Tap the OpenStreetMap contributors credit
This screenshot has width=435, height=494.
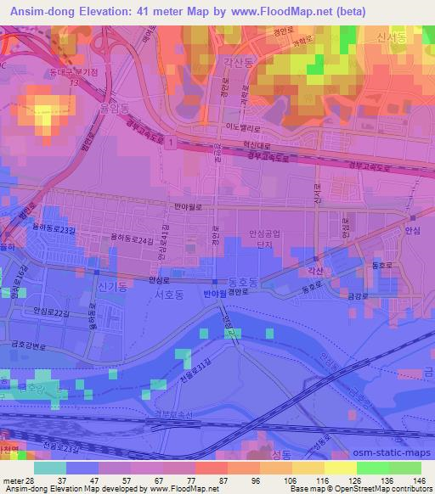[380, 489]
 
